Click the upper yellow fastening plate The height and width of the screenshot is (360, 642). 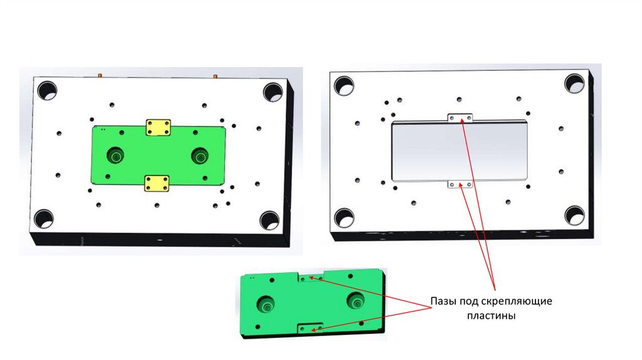tap(158, 127)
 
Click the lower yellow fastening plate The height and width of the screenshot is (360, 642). tap(157, 183)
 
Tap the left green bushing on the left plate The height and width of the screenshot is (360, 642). tap(116, 156)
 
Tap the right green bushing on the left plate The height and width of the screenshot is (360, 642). tap(200, 155)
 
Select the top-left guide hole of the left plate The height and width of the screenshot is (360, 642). tap(47, 90)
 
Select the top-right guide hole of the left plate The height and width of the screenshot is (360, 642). tap(273, 92)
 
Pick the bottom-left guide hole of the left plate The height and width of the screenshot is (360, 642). tap(44, 219)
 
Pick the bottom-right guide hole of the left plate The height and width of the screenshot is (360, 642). tap(270, 220)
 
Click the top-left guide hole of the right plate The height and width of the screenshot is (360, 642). tap(344, 86)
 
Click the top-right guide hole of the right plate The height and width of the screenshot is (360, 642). tap(574, 83)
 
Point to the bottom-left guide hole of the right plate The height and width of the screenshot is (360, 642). tap(344, 218)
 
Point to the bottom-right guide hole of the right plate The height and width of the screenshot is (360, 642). tap(574, 215)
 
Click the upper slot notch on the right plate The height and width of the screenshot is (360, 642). tap(460, 117)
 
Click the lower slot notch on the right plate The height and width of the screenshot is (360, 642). tap(460, 184)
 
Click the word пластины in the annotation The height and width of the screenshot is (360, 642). tap(492, 315)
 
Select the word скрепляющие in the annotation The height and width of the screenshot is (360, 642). tap(517, 302)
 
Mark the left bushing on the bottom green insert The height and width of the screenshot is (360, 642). tap(265, 304)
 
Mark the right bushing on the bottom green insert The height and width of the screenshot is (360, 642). tap(355, 301)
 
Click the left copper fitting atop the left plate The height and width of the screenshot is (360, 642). tap(100, 75)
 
